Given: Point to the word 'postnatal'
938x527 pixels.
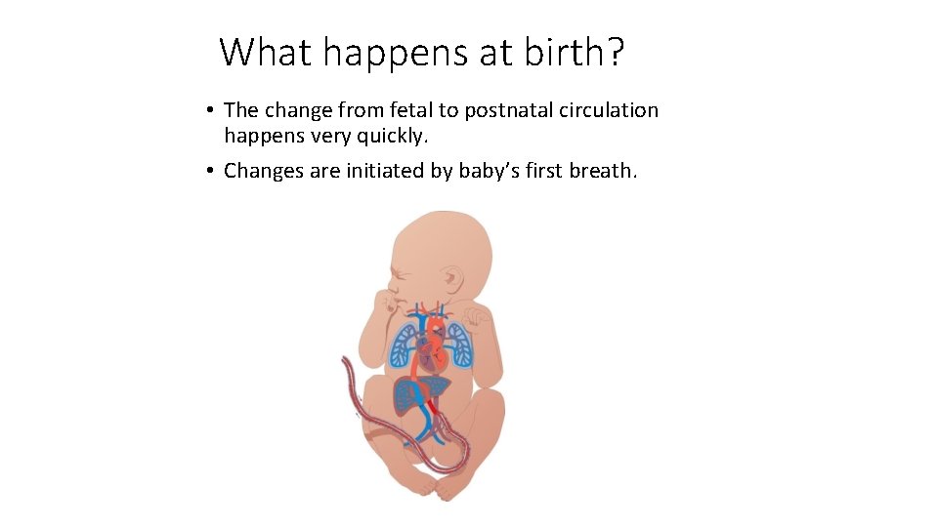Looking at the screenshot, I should pyautogui.click(x=510, y=111).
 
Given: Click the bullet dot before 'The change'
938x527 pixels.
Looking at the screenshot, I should pyautogui.click(x=210, y=110).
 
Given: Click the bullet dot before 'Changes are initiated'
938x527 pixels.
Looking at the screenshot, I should pyautogui.click(x=210, y=171).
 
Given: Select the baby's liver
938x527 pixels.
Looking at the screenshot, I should pyautogui.click(x=415, y=395).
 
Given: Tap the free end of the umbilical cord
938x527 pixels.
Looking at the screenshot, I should pyautogui.click(x=343, y=364).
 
